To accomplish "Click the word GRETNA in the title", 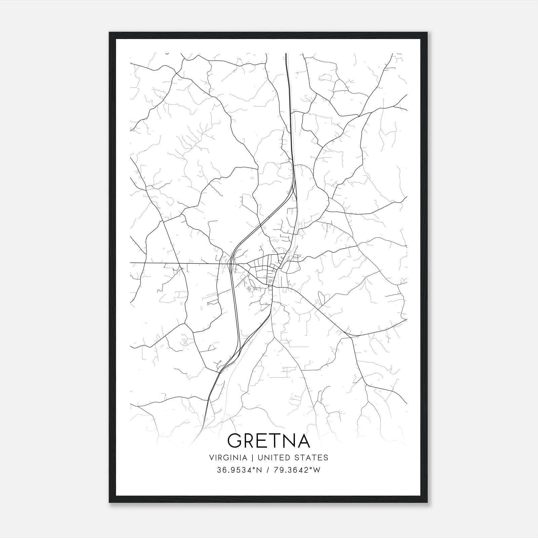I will click(x=269, y=440).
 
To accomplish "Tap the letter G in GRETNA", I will click(x=235, y=440).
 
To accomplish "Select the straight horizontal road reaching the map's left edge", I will click(x=151, y=263).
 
